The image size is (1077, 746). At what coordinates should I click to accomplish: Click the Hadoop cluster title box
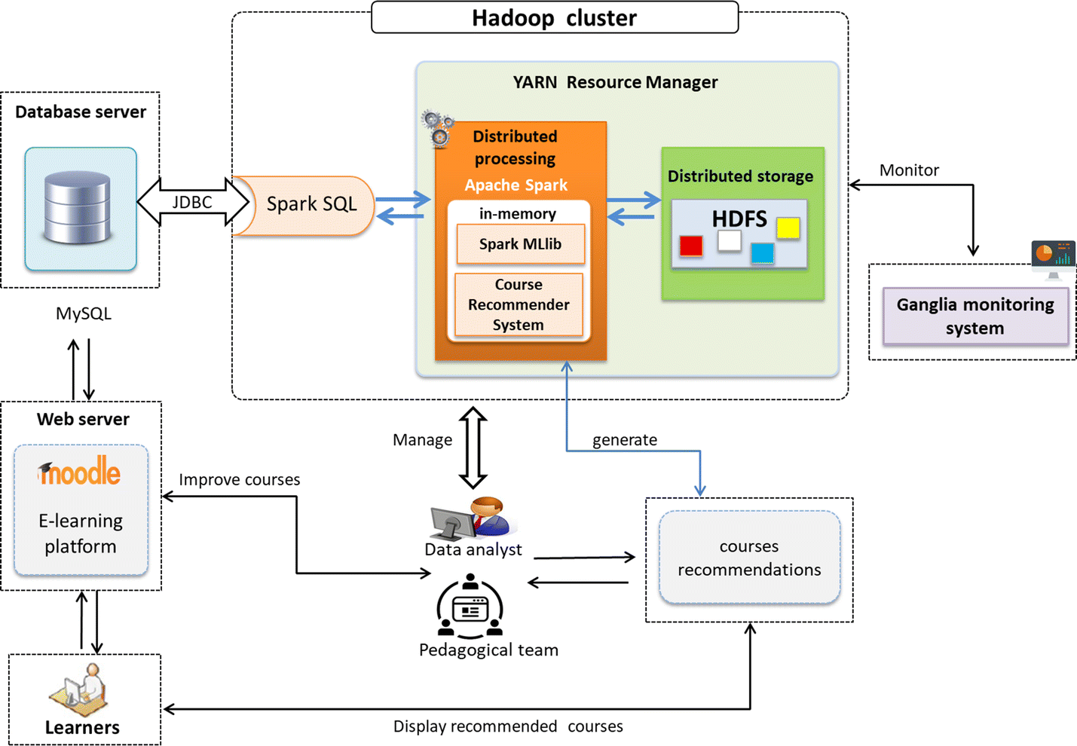pyautogui.click(x=555, y=17)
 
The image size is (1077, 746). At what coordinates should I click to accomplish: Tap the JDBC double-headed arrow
pyautogui.click(x=193, y=202)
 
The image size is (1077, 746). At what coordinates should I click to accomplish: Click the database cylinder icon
pyautogui.click(x=78, y=206)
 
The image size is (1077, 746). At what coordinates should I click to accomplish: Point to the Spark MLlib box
pyautogui.click(x=520, y=244)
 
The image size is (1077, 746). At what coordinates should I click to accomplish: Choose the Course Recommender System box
pyautogui.click(x=519, y=304)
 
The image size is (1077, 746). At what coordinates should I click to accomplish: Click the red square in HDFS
pyautogui.click(x=690, y=246)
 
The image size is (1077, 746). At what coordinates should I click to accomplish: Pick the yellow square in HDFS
pyautogui.click(x=788, y=228)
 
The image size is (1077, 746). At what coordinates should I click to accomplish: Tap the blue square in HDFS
pyautogui.click(x=762, y=253)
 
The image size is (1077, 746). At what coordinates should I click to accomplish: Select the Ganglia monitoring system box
pyautogui.click(x=975, y=316)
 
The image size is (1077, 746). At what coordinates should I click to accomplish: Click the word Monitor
pyautogui.click(x=909, y=170)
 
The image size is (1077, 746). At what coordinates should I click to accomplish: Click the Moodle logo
pyautogui.click(x=80, y=472)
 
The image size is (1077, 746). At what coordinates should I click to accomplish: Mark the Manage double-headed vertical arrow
pyautogui.click(x=473, y=448)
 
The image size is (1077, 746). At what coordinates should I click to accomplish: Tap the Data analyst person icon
pyautogui.click(x=471, y=518)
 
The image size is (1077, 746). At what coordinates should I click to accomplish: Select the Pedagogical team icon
pyautogui.click(x=470, y=607)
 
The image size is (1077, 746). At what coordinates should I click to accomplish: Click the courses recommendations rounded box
pyautogui.click(x=749, y=558)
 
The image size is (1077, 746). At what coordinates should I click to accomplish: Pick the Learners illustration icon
pyautogui.click(x=80, y=689)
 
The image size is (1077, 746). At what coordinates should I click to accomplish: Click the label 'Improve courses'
pyautogui.click(x=239, y=480)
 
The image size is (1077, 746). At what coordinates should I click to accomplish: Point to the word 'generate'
pyautogui.click(x=624, y=440)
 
